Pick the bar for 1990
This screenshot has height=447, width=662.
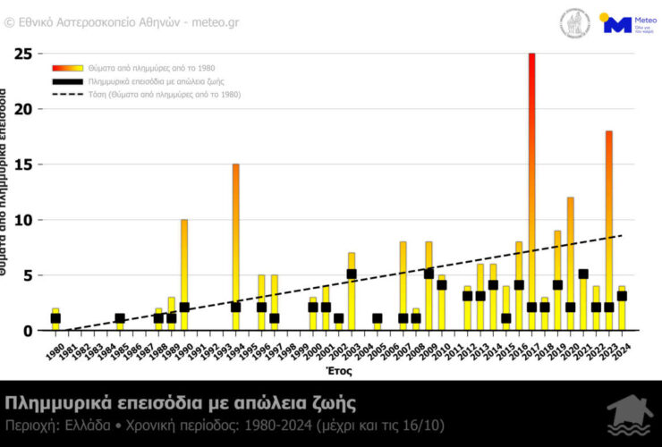click(184, 268)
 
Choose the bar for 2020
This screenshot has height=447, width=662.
click(571, 259)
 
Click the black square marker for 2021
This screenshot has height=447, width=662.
click(583, 274)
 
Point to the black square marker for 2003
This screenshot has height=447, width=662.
click(352, 274)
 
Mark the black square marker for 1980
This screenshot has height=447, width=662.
click(55, 318)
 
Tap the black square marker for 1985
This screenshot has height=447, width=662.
click(120, 318)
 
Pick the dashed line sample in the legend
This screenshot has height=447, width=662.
click(67, 94)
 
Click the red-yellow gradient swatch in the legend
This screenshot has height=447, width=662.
click(67, 68)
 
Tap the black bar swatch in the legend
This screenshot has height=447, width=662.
click(67, 80)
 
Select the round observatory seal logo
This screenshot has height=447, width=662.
click(574, 23)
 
